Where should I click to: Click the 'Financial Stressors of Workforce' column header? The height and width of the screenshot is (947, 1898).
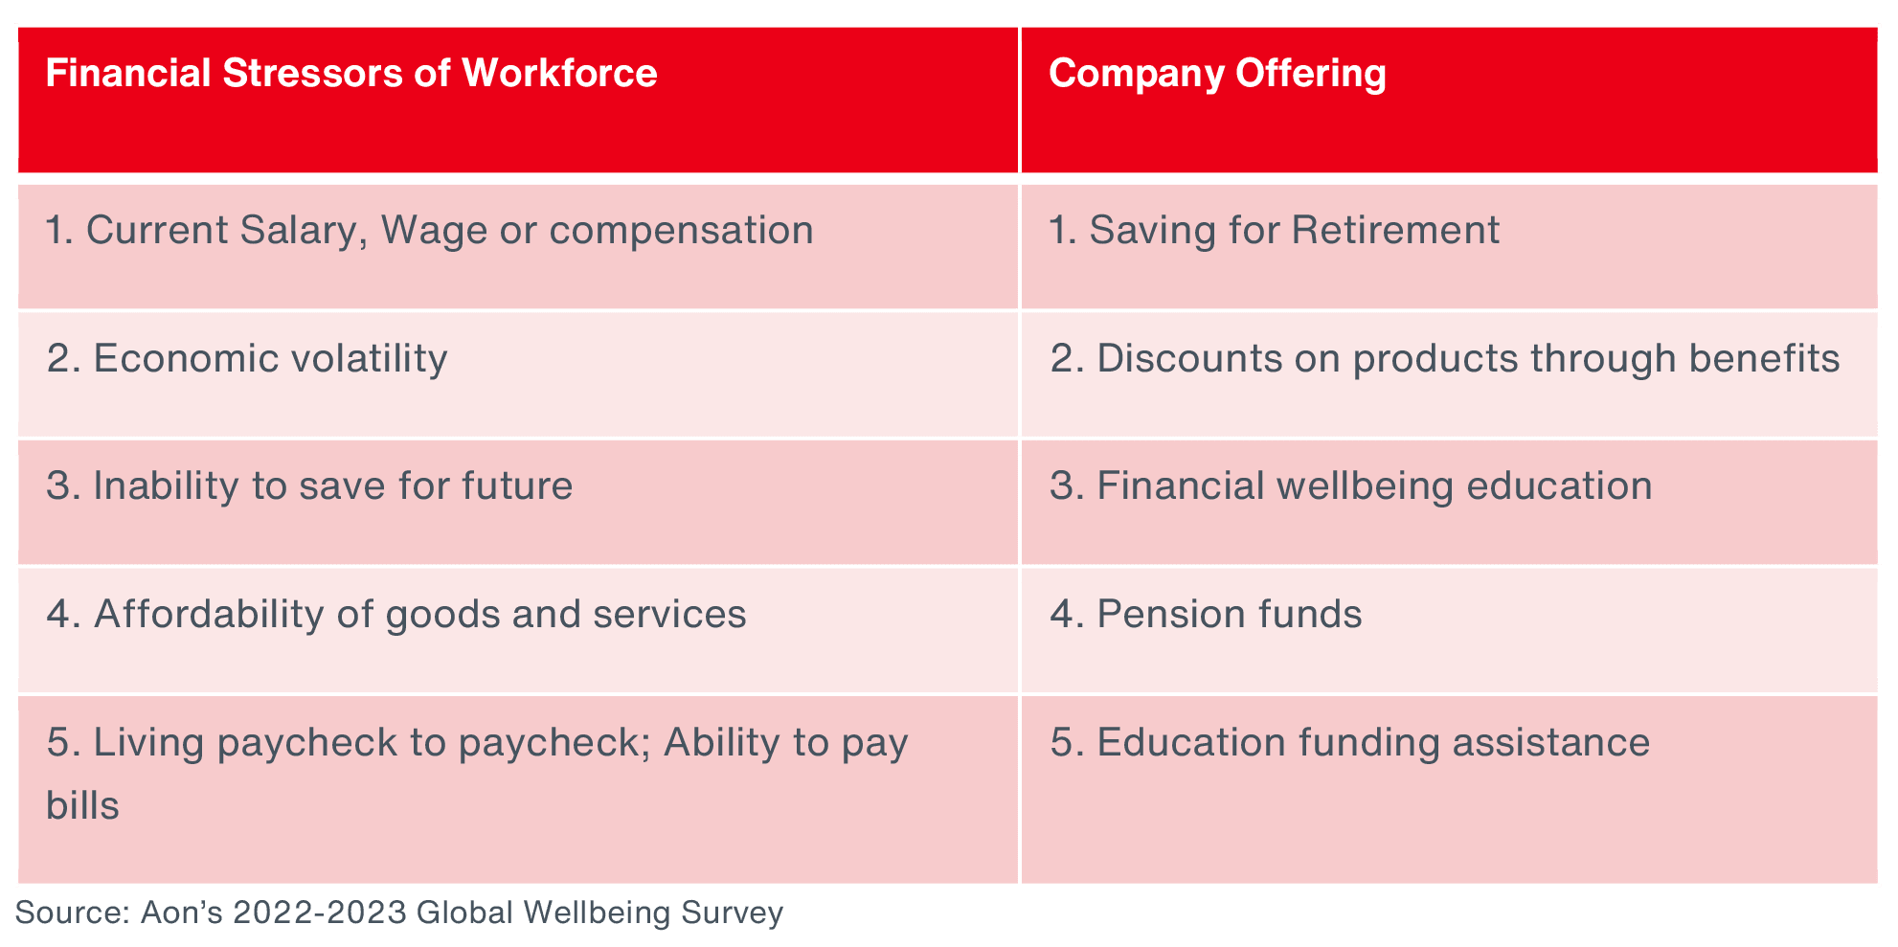(351, 74)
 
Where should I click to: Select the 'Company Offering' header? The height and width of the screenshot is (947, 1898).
(1217, 74)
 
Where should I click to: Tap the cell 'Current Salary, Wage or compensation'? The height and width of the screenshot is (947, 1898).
(430, 231)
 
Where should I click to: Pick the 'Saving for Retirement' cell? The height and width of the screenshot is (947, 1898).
(1275, 231)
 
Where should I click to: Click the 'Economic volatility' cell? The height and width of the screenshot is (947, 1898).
(247, 359)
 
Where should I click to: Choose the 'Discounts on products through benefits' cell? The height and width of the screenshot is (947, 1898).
(1445, 359)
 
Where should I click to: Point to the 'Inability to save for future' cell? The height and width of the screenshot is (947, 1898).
(309, 486)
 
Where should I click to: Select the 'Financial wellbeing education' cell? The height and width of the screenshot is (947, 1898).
(1351, 486)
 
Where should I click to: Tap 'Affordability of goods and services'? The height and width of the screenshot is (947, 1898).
(396, 615)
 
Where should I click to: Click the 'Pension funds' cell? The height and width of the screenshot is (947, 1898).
(1206, 615)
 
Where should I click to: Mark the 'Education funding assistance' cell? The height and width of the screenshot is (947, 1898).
(1350, 743)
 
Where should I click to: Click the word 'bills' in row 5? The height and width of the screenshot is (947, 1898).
(82, 805)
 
